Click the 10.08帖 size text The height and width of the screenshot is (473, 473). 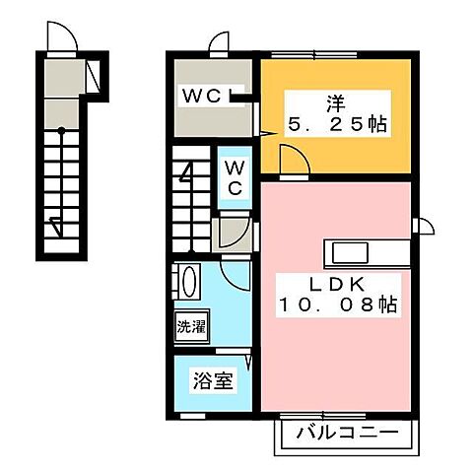[x=337, y=306]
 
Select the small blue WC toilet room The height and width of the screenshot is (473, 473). [x=235, y=177]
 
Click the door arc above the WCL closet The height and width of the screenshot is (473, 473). [x=219, y=43]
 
